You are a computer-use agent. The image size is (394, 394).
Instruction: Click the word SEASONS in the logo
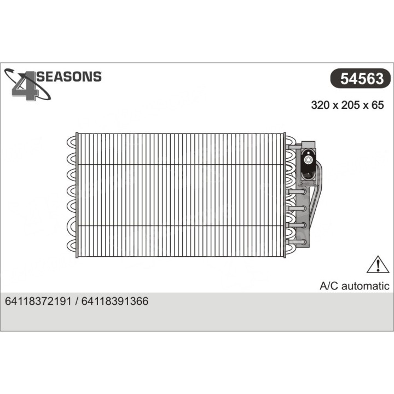click(x=69, y=77)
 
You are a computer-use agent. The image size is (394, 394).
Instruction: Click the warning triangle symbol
click(x=377, y=265)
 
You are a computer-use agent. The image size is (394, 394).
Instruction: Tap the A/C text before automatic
click(x=329, y=286)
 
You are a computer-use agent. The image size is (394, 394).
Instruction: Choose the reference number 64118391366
click(x=114, y=302)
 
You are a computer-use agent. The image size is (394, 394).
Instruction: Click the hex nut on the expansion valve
click(x=310, y=161)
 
